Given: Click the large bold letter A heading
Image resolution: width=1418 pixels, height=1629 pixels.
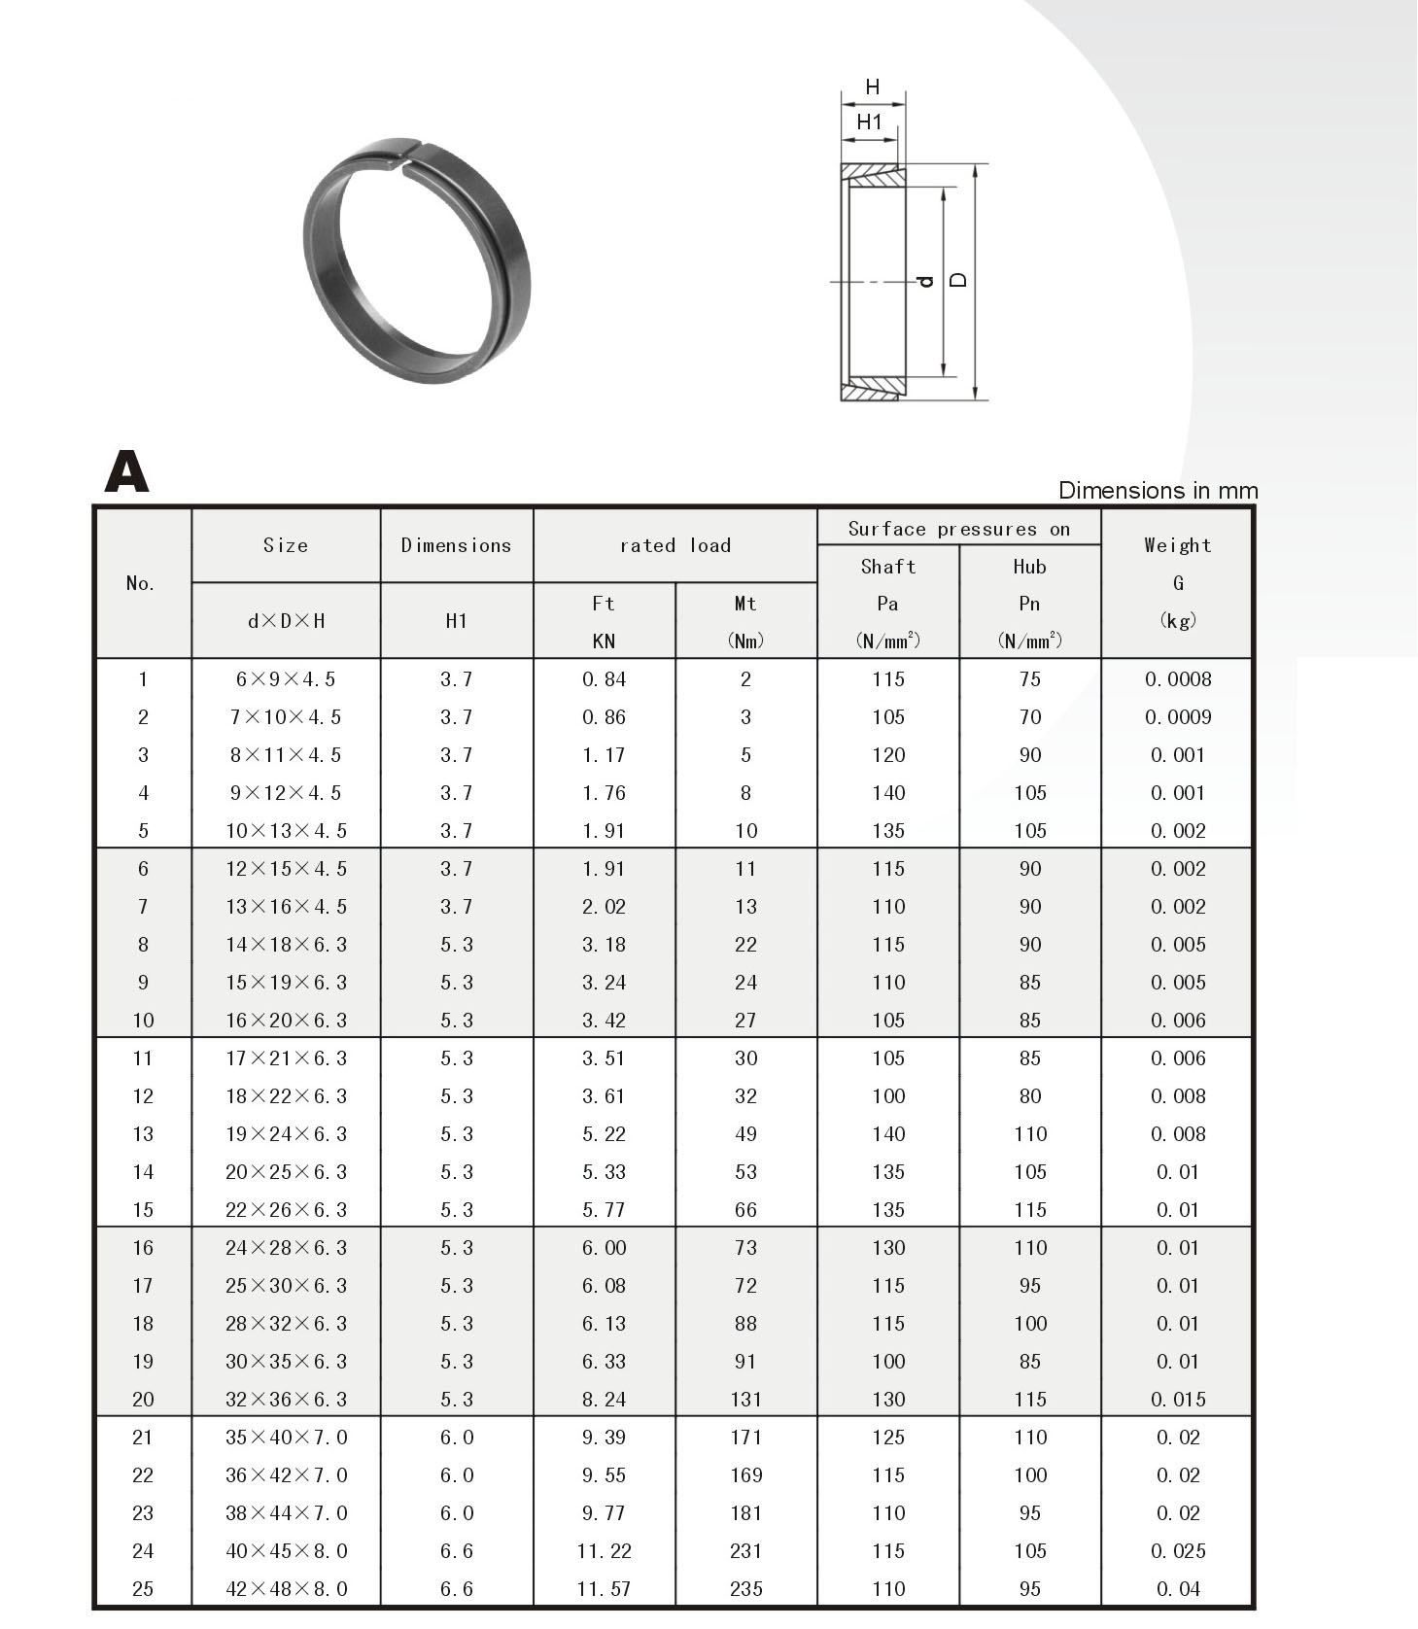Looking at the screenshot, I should pos(126,471).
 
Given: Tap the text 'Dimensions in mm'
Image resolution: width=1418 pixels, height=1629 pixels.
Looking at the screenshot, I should pos(1157,491).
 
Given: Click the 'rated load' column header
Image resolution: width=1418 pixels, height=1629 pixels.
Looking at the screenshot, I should pos(674,545).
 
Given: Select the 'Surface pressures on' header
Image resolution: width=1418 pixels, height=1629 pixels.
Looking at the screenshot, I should pos(958,529).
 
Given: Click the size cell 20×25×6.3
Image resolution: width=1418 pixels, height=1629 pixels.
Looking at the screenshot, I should pos(286,1172).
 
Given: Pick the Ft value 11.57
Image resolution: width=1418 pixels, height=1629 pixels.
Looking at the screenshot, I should pos(604,1589).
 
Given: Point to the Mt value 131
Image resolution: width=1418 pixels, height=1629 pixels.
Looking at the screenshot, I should pos(745,1400).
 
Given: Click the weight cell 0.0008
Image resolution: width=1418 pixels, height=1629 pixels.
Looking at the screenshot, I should pos(1178,679).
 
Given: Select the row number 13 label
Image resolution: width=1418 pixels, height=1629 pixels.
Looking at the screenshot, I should pos(143,1134).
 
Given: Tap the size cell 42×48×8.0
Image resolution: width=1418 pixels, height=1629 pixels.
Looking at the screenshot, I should pos(286,1589).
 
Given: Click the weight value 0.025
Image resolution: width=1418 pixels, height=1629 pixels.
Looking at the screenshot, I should pos(1178,1551).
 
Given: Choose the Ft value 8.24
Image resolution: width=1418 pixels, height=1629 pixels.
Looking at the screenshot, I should pos(604,1400).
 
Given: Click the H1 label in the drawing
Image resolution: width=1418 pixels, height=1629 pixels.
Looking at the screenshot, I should pos(869,122).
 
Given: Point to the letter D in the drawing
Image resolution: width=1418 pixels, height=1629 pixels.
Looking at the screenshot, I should pos(958,280).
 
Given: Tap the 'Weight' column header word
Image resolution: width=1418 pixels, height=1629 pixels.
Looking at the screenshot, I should pos(1177,545).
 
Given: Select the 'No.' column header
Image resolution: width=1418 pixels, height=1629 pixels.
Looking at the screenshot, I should pos(141,583).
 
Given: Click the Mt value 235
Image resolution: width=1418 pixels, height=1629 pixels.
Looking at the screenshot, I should pos(745,1589).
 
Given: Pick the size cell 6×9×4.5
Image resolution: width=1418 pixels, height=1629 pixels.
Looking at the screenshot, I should pos(286,679).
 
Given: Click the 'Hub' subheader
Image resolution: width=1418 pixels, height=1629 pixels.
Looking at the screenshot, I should pos(1029,567).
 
